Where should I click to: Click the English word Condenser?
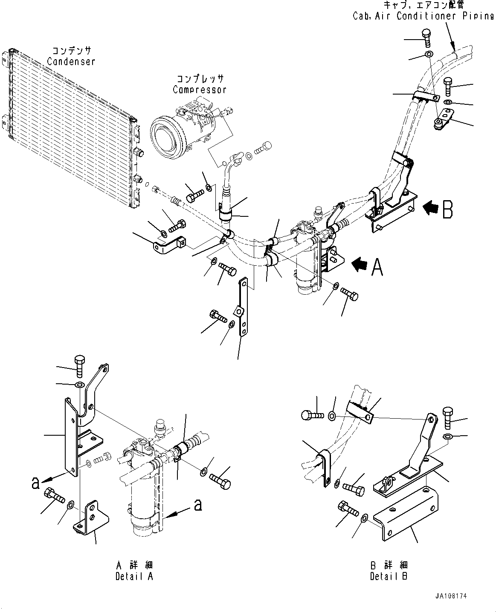71,62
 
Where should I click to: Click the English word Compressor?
199,90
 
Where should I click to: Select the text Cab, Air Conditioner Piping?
423,16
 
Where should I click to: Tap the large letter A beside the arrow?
377,267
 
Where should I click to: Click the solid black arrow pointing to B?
431,208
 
